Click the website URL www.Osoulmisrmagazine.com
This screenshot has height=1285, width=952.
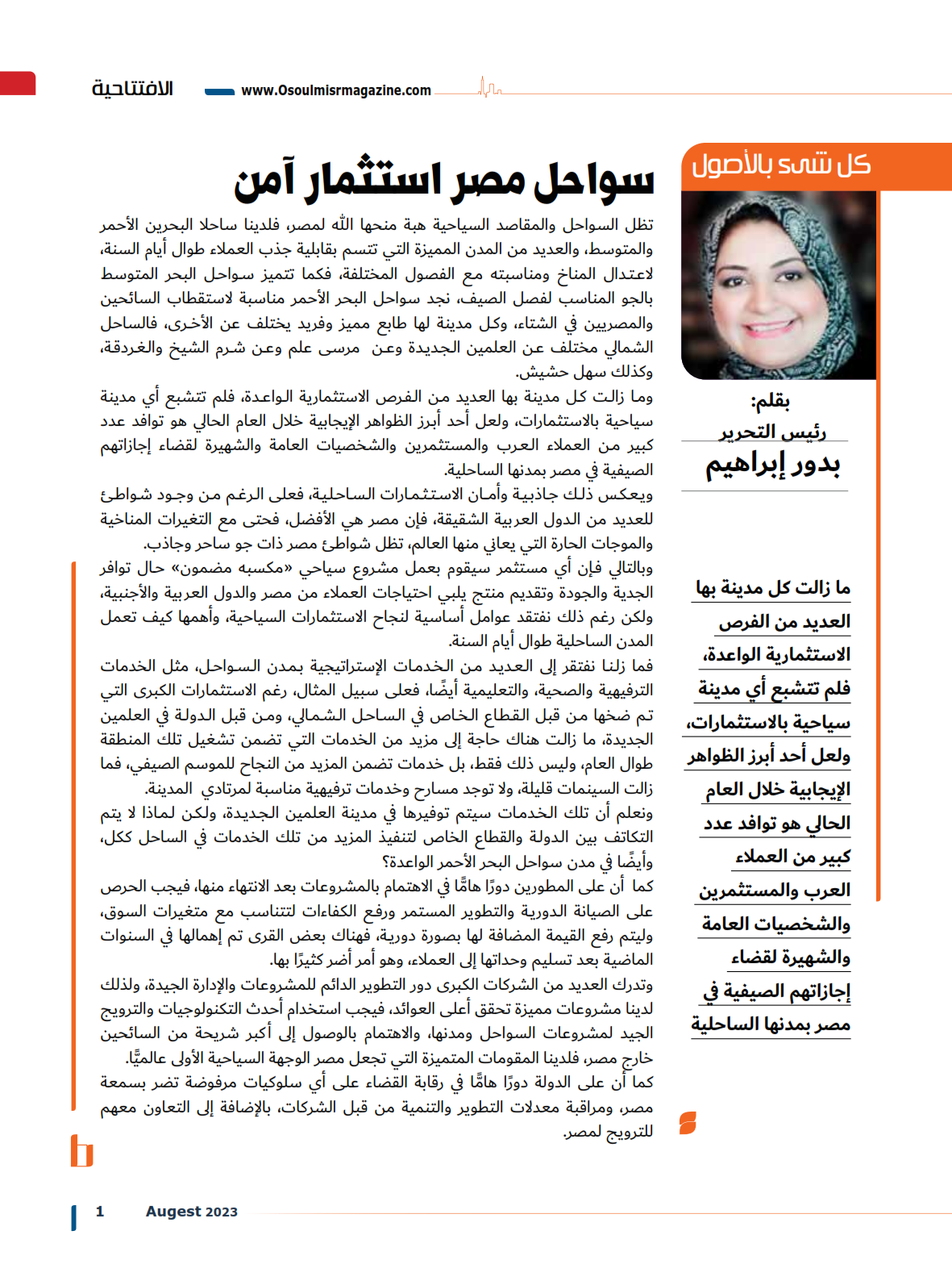click(336, 90)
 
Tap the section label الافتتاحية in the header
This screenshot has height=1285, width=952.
click(132, 88)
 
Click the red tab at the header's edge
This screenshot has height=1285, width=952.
click(18, 84)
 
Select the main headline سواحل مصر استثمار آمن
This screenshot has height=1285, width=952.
click(443, 181)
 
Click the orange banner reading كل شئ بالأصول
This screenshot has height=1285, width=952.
click(780, 166)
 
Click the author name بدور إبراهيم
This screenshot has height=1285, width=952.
click(772, 465)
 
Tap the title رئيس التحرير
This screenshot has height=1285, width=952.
click(772, 432)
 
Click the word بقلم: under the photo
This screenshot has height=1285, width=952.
click(770, 401)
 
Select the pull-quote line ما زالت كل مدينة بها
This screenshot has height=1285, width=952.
click(773, 588)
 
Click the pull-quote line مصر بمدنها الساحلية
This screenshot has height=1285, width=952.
click(771, 1024)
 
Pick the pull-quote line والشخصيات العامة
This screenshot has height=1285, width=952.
click(775, 924)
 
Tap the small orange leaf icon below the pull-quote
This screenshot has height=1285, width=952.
click(688, 1123)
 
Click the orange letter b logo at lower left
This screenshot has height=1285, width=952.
click(81, 1151)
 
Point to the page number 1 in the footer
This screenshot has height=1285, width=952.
click(100, 1211)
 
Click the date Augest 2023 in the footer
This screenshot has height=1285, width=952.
click(192, 1211)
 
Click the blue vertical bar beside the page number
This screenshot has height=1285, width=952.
click(74, 1217)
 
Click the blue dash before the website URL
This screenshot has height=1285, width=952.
click(219, 91)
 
